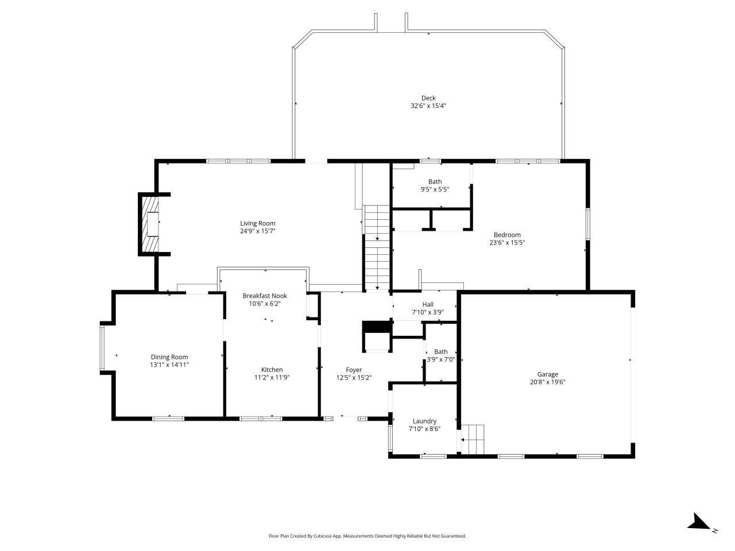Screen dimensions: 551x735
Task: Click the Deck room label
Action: tap(428, 98)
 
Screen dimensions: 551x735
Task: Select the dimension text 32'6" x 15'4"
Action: tap(428, 106)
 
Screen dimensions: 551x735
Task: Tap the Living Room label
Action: tap(257, 223)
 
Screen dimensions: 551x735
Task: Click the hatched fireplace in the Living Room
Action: tap(150, 224)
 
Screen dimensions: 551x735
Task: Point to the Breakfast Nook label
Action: tap(264, 296)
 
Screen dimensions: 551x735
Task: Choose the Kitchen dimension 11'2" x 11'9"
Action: tap(272, 378)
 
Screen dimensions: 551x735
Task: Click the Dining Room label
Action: tap(169, 357)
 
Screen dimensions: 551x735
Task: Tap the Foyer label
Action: tap(354, 370)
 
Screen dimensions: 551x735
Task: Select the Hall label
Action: tap(428, 305)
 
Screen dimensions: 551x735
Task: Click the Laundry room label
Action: tap(424, 421)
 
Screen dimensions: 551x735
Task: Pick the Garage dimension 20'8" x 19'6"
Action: tap(547, 382)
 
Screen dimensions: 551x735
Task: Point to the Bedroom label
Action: tap(507, 235)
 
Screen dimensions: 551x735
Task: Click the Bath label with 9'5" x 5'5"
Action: tap(435, 182)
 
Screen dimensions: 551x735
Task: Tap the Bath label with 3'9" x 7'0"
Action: tap(440, 352)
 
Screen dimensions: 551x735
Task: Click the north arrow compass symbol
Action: tap(699, 522)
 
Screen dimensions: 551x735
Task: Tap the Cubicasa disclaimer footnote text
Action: tap(367, 536)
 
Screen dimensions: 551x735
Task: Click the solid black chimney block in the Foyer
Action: tap(376, 327)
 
